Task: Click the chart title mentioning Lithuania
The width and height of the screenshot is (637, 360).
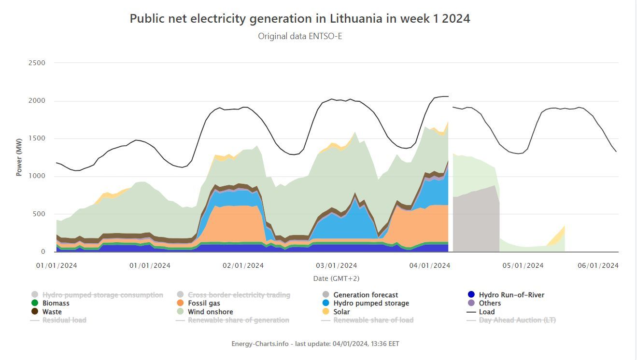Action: (300, 19)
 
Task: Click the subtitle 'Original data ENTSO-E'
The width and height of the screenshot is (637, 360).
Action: (300, 36)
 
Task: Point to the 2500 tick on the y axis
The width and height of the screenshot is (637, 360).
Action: (37, 63)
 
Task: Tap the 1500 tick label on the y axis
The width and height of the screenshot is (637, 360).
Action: (37, 138)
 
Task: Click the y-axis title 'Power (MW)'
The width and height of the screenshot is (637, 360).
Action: (19, 157)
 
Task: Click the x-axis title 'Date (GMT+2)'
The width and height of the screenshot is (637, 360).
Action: (337, 278)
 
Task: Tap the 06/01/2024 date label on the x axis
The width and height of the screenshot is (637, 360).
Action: (598, 265)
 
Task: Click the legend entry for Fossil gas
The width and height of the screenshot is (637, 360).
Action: (204, 303)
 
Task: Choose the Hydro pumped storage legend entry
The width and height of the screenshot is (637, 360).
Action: (371, 303)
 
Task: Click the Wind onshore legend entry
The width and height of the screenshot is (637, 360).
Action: (210, 312)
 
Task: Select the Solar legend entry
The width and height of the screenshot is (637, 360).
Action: (341, 312)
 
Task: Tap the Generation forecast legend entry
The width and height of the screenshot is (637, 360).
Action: (366, 295)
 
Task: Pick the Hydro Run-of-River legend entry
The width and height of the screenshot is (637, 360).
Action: (511, 295)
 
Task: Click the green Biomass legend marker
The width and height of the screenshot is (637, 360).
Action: (35, 303)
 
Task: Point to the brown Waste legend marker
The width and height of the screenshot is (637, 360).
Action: (35, 312)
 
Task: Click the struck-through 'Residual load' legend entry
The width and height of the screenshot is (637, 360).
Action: (64, 320)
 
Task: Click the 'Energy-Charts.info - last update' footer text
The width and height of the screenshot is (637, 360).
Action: (315, 344)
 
